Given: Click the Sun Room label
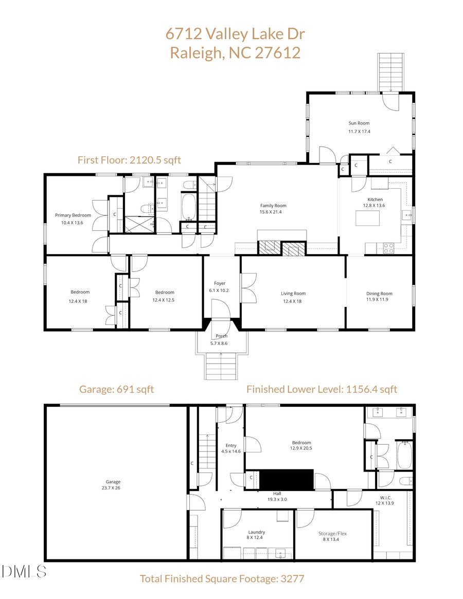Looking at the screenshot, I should (x=359, y=123).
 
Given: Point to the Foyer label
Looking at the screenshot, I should (x=220, y=283).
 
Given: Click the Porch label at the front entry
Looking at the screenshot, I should (x=222, y=336).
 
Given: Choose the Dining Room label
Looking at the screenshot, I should (x=379, y=294).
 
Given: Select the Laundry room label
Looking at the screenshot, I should (x=256, y=532).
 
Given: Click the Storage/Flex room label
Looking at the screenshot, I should (x=333, y=534).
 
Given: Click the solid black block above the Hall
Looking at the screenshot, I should (x=286, y=479).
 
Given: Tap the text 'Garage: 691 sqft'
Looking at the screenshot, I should (x=116, y=389).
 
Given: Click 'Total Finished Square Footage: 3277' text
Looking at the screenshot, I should (x=222, y=578).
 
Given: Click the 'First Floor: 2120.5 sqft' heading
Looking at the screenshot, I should (x=129, y=160).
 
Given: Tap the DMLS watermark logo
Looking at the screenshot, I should (x=24, y=571).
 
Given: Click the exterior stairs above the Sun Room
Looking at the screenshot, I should (x=391, y=72).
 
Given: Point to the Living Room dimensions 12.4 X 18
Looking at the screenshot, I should (x=293, y=301).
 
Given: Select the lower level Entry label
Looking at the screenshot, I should (x=231, y=446).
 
